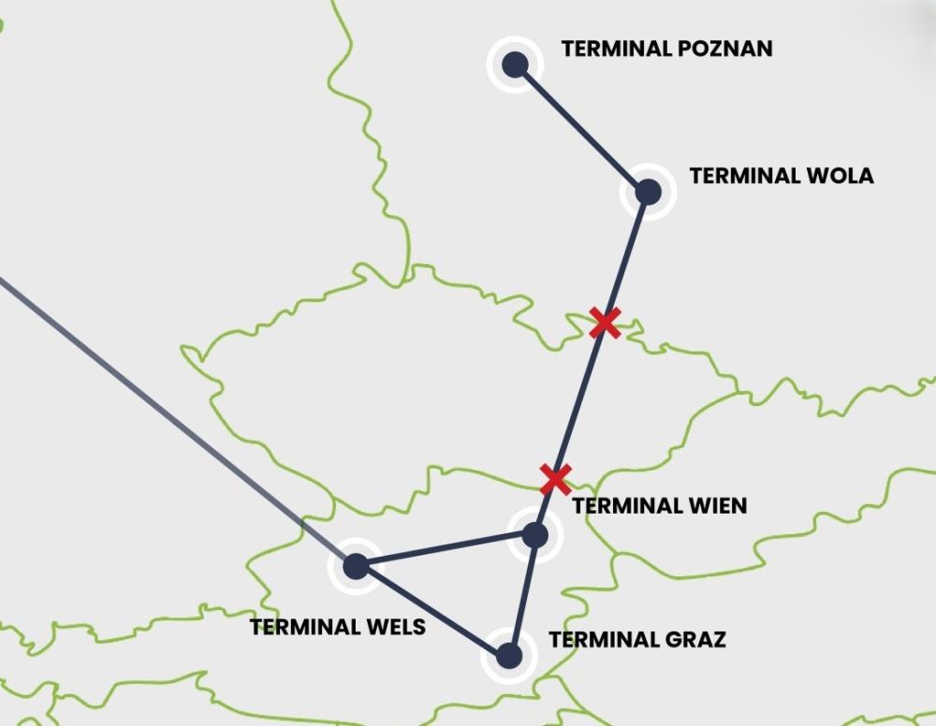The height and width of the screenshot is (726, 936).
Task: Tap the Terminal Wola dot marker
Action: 648,192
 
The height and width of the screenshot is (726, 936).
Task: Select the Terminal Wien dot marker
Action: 534,535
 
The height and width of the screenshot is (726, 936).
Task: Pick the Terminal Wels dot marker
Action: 356,566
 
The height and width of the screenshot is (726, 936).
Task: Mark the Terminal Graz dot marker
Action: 508,655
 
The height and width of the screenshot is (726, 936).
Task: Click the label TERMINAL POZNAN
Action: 666,49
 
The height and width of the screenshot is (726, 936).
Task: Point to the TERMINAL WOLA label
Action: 781,176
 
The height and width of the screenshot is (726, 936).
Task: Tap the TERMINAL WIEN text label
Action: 660,506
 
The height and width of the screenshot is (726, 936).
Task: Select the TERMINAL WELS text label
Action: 338,627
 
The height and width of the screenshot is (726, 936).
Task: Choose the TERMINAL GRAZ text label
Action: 637,641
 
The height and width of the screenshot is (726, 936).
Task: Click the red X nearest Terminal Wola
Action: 605,323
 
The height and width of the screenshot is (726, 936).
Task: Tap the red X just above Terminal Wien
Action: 555,479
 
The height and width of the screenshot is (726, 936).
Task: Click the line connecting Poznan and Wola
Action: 581,128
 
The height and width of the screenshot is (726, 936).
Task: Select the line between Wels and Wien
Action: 445,551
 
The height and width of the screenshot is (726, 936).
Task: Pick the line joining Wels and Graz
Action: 431,610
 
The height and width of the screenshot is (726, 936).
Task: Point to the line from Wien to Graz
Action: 521,595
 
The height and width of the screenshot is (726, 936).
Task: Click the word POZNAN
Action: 725,49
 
